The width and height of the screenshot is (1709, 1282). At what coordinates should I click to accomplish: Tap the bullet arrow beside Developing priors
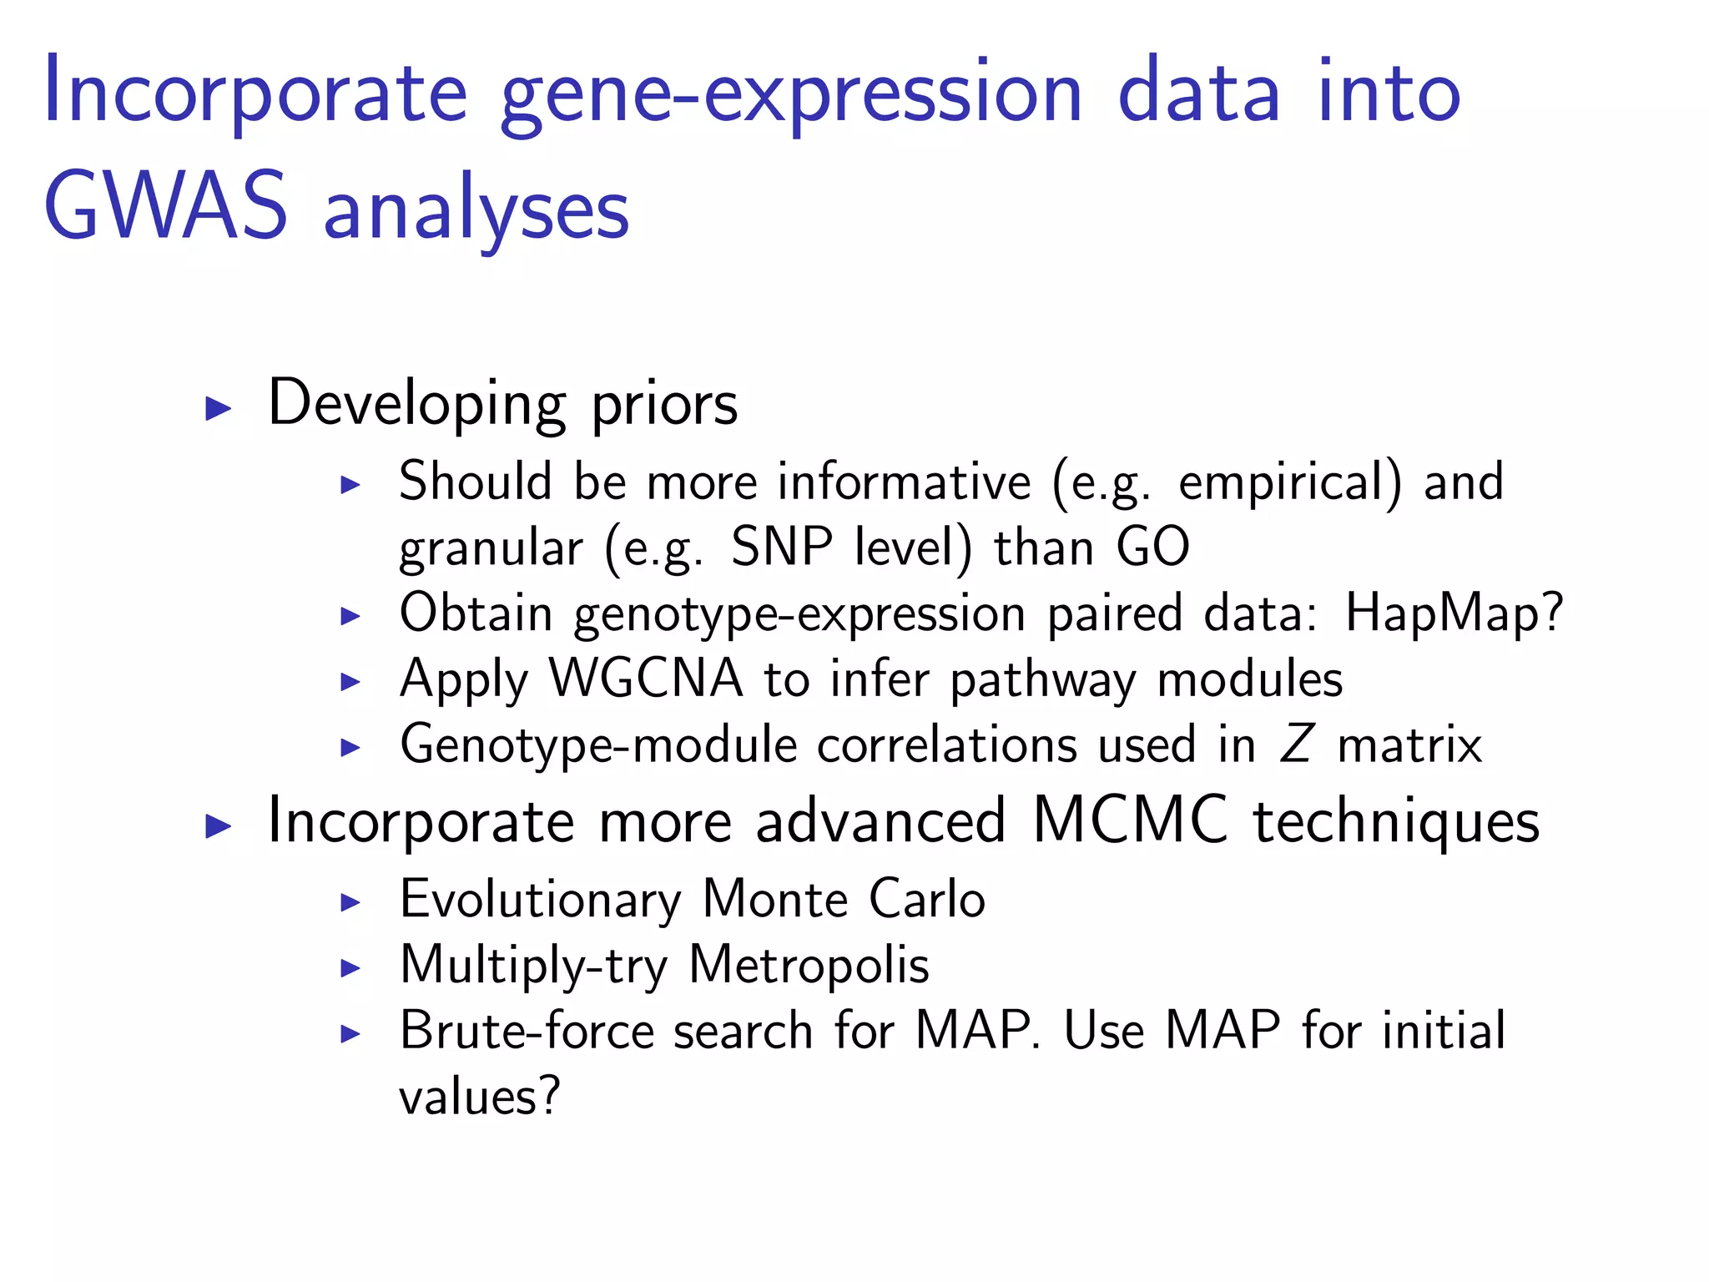coord(218,408)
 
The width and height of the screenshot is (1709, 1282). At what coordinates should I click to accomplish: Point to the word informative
coord(905,482)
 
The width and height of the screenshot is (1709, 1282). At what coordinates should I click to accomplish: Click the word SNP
coord(782,548)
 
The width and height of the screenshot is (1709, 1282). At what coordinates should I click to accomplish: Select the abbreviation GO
coord(1152,548)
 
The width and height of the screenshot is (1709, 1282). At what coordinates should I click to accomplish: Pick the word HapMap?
coord(1454,614)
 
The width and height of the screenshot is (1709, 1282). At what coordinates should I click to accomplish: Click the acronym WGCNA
coord(646,679)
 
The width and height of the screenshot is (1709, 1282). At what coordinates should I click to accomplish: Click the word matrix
coord(1409,744)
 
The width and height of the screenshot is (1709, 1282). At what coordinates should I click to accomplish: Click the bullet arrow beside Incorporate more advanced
coord(218,826)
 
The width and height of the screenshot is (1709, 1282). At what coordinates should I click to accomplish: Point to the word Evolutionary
coord(541,901)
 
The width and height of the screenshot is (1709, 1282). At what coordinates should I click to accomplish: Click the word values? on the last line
coord(479,1097)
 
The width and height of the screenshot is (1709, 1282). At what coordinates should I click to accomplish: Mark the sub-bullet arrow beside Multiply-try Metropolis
coord(350,969)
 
